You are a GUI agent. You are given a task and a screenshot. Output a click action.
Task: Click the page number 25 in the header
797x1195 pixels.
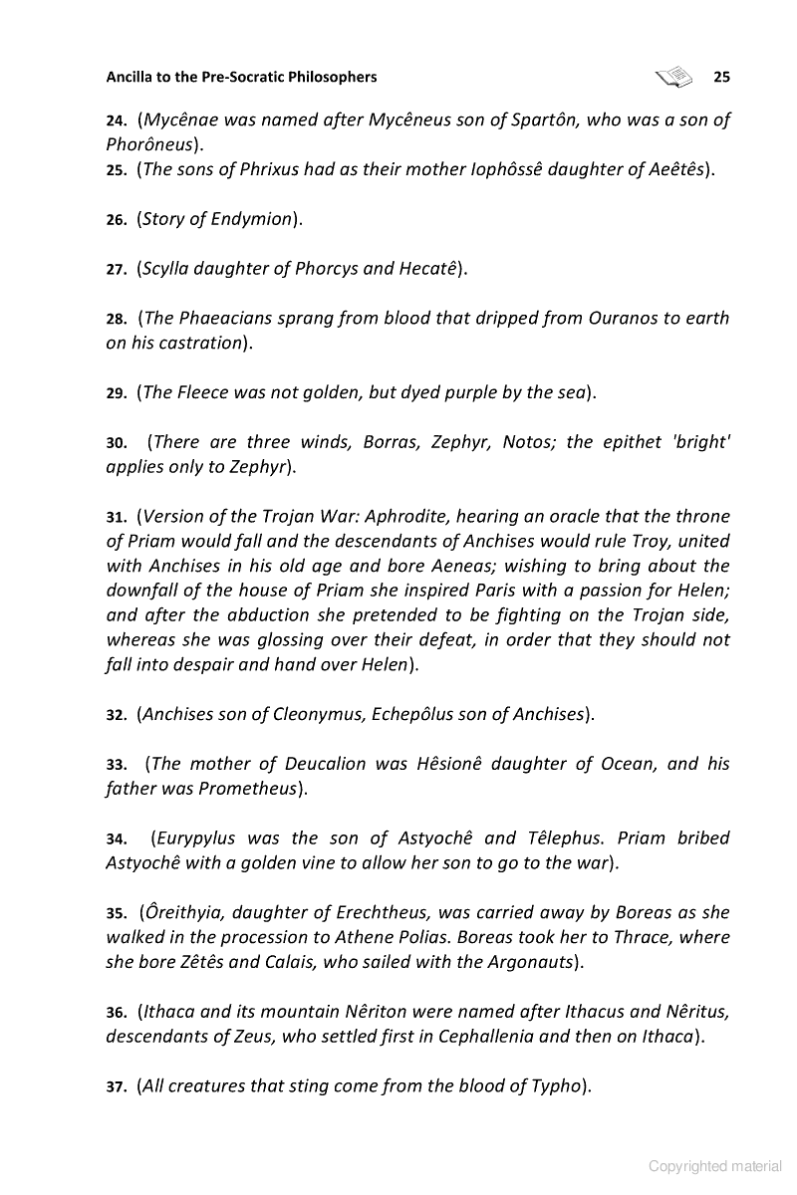point(721,77)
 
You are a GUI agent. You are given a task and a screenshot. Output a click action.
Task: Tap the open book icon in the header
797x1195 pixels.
point(674,76)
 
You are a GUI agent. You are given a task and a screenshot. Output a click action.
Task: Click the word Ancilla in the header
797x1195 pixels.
point(133,77)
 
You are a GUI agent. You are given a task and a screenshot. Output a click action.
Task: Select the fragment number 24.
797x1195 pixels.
point(116,121)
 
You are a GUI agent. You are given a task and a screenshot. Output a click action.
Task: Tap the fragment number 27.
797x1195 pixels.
point(116,270)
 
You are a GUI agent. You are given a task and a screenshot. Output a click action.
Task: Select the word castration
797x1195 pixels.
point(198,343)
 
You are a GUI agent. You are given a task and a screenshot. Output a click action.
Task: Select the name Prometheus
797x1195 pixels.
point(245,789)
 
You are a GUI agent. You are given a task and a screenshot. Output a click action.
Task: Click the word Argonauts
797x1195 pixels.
point(529,962)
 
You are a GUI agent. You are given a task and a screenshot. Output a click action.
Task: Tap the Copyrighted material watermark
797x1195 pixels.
point(715,1166)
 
